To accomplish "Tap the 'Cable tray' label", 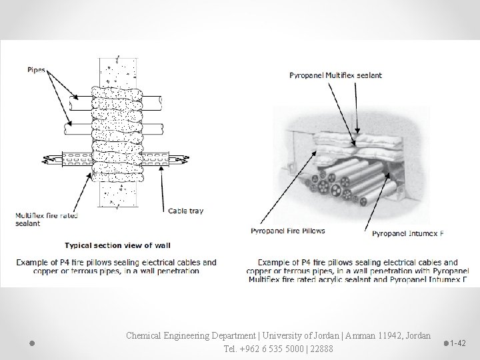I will [186, 211].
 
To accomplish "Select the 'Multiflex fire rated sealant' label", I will [47, 219].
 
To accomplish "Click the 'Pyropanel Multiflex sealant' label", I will [335, 75].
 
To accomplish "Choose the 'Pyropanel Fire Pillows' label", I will [287, 231].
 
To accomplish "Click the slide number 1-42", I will [458, 343].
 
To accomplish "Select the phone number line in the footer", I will [279, 348].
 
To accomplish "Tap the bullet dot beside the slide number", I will [445, 343].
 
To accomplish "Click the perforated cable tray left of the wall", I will [74, 161].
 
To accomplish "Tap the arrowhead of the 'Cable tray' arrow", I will [162, 169].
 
